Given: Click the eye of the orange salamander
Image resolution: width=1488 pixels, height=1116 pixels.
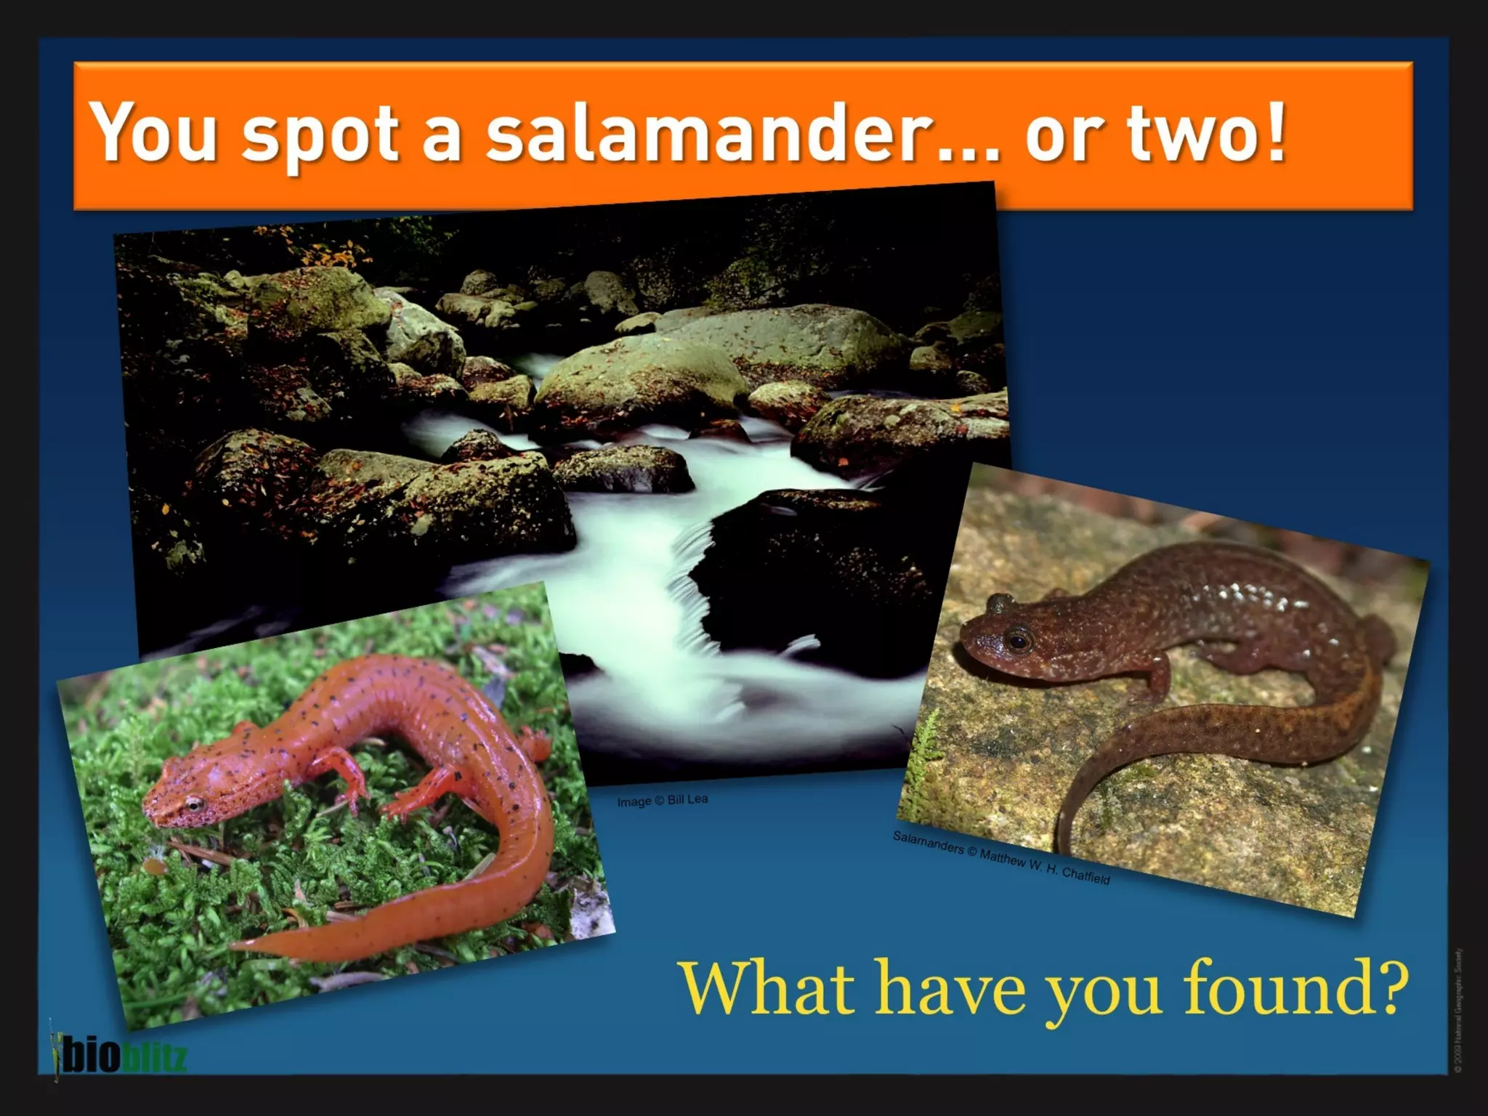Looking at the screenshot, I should click(194, 804).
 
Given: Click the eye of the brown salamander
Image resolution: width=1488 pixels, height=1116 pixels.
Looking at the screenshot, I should click(1019, 640).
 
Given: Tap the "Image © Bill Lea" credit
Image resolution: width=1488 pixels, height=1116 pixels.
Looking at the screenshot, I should click(662, 800).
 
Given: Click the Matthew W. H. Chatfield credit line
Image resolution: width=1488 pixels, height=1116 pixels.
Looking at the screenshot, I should click(1000, 857).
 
